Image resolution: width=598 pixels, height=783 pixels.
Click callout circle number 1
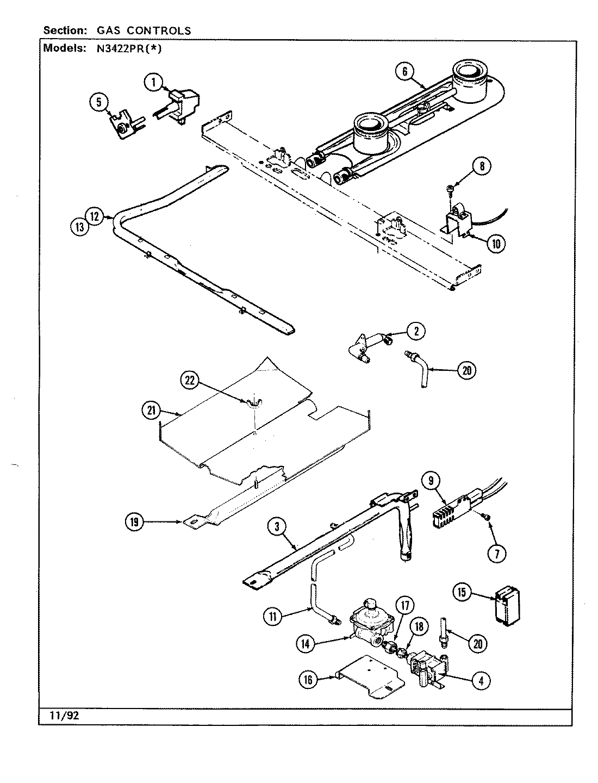point(154,83)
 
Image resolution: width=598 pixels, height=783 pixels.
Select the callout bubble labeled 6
point(405,72)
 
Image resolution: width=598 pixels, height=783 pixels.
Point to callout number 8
point(482,166)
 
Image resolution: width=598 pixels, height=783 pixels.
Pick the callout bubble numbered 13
point(80,227)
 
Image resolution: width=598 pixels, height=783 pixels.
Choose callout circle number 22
point(190,381)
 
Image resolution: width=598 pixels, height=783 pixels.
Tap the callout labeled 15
point(462,592)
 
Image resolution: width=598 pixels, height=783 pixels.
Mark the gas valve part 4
point(429,672)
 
